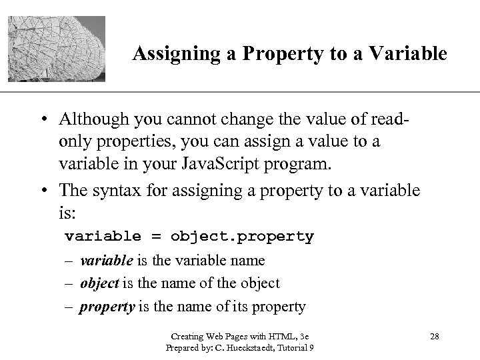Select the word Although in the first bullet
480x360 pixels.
tap(95, 120)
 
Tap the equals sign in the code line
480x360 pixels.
tap(155, 237)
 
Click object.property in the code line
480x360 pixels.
tap(242, 237)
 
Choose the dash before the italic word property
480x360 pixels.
tap(69, 307)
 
